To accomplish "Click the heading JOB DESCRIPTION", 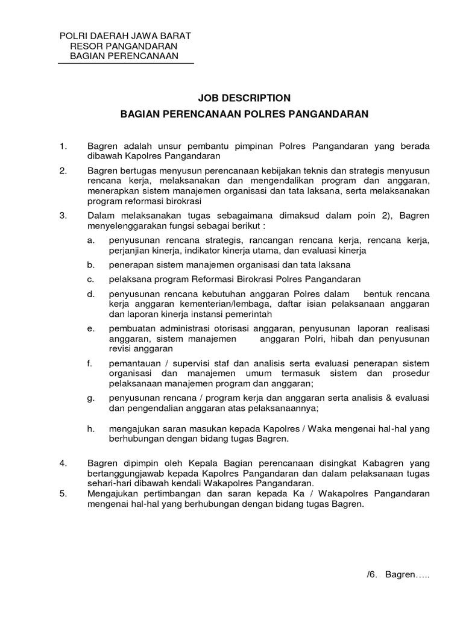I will (244, 97).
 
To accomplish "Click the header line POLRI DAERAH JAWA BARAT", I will (125, 36).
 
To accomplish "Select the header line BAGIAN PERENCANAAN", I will (125, 56).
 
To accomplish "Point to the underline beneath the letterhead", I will (125, 63).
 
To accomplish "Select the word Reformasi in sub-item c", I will (221, 280).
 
